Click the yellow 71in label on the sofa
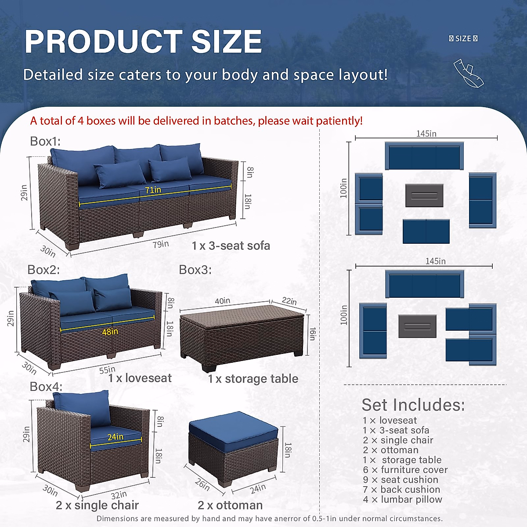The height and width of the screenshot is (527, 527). pos(153,190)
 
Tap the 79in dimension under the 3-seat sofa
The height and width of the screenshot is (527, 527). pos(161,244)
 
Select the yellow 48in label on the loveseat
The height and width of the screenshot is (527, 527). pos(110,332)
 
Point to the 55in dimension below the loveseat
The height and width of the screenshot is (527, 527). pos(107,370)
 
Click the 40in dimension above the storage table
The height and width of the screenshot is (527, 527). pos(222,301)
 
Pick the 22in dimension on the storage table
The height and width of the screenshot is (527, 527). pos(289,301)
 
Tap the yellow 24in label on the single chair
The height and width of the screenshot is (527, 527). pos(116,437)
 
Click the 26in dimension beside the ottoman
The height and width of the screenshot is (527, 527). pos(202,484)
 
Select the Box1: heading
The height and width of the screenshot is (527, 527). pos(45,141)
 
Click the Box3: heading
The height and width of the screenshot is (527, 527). pos(195,269)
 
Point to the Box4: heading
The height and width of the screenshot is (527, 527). pos(46,386)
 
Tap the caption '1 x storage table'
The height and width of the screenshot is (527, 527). pos(253,379)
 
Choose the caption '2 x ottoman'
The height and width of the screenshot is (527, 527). pos(230,505)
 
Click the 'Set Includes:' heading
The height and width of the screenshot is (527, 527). pos(413,404)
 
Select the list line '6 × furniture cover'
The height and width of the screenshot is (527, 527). pos(405,469)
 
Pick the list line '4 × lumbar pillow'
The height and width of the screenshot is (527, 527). pos(402,499)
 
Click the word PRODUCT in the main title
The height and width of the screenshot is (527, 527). pos(103,42)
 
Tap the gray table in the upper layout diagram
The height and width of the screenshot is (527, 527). pos(424,195)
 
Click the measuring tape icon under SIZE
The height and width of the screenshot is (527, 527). pos(468,73)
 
